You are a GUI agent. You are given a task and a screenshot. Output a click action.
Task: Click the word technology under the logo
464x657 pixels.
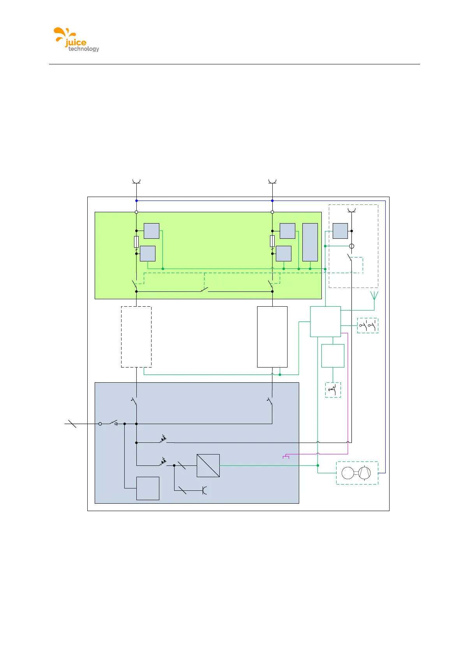tap(84, 49)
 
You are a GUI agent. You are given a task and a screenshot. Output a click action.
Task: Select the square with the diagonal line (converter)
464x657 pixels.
tap(208, 465)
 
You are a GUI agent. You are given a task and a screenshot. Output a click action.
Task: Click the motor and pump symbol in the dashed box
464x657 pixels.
tap(357, 473)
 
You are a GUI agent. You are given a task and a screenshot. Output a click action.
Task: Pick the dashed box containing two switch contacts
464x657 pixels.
tap(367, 325)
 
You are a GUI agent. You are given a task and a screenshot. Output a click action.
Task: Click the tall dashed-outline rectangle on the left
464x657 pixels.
tap(136, 337)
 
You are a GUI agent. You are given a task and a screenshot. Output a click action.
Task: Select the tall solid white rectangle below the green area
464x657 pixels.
tap(272, 337)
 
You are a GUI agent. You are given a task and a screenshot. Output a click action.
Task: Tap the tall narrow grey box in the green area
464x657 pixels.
tap(310, 242)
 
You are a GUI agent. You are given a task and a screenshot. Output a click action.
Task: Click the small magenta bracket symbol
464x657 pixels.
tap(286, 456)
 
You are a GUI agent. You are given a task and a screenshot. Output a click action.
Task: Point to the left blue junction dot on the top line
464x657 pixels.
tap(136, 201)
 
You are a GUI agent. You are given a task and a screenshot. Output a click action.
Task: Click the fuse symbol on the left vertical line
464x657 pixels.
tap(136, 242)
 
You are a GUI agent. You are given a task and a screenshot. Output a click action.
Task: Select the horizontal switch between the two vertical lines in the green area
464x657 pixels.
tap(204, 290)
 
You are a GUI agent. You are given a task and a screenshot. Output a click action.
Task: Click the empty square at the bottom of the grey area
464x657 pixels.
tap(148, 488)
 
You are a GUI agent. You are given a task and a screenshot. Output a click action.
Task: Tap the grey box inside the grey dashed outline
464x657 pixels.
tap(340, 231)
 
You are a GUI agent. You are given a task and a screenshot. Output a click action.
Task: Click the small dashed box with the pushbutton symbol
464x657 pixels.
tap(333, 390)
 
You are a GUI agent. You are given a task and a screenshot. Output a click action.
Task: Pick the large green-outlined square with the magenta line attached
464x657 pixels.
tap(325, 321)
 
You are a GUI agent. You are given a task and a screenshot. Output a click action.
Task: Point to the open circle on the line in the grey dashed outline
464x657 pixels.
tap(351, 246)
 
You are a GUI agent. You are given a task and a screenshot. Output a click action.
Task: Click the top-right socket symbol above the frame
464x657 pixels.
tap(272, 181)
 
